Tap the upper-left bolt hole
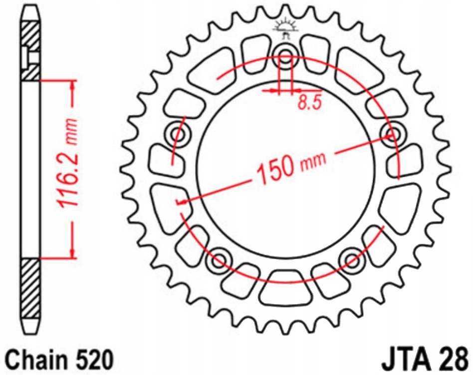pyautogui.click(x=178, y=134)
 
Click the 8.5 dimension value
pyautogui.click(x=308, y=102)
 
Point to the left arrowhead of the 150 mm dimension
pyautogui.click(x=182, y=202)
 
